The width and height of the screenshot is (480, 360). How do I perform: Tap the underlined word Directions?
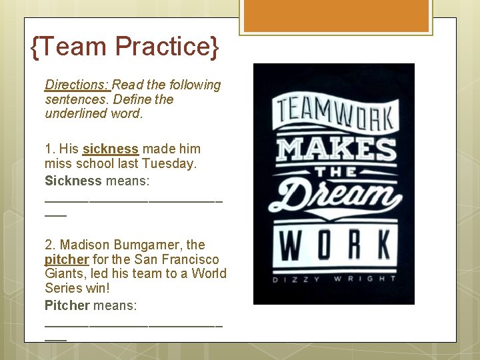click(77, 85)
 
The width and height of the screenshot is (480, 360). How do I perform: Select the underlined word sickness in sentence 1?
click(111, 149)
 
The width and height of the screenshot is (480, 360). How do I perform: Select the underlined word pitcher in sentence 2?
click(67, 259)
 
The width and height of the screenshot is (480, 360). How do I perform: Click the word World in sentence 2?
click(209, 274)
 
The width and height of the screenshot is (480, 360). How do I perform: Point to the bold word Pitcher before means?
click(67, 305)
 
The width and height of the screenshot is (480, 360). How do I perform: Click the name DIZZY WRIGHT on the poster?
click(333, 279)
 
